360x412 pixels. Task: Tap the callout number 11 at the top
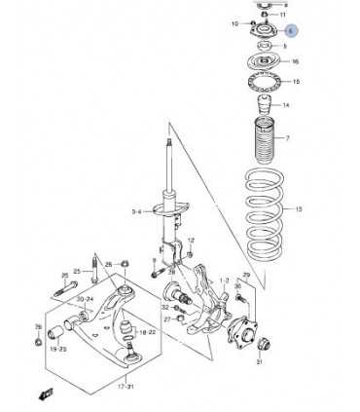(x=283, y=16)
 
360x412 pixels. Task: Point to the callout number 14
(x=285, y=104)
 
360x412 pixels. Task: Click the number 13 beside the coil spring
(x=299, y=208)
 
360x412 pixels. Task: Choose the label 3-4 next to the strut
(x=136, y=211)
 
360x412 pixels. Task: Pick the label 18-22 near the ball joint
(x=147, y=331)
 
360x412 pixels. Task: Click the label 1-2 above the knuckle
(x=224, y=281)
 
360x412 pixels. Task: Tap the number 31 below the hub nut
(x=260, y=362)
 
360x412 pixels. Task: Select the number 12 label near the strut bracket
(x=191, y=240)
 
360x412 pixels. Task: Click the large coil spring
(x=259, y=214)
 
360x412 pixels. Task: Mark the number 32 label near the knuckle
(x=166, y=305)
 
